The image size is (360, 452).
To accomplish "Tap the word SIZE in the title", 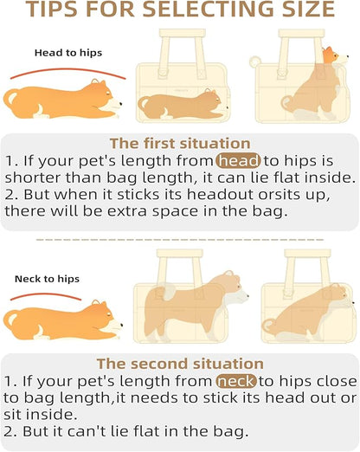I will [x=302, y=10].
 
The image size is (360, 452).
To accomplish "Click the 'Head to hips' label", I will [x=68, y=53].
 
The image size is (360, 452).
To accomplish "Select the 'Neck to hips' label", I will [x=47, y=280].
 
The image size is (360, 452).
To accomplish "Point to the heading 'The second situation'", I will [x=180, y=365].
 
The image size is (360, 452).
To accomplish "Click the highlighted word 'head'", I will [x=238, y=160].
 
